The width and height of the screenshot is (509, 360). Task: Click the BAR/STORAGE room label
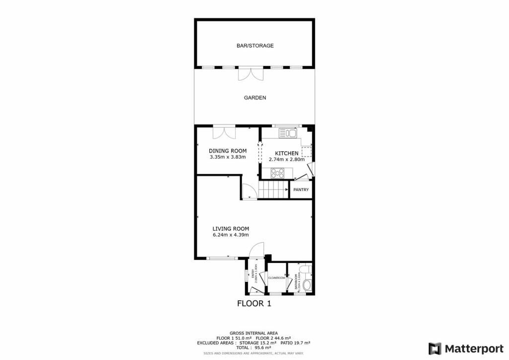coord(255,46)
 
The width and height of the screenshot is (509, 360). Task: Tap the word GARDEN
coord(255,98)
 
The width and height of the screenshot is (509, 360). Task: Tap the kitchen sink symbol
coord(287,133)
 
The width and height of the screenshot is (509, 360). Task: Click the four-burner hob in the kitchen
coord(277,173)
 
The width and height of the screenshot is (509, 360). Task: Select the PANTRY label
coord(301,189)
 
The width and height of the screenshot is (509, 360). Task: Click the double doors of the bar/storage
coord(250,74)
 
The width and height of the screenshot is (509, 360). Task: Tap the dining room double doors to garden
coord(224,133)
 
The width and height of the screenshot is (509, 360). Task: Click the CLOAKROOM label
coord(277,278)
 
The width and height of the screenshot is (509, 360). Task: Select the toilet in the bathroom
coord(307,285)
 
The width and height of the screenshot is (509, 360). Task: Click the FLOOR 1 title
coord(254,303)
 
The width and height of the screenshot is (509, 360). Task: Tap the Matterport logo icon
coord(435,348)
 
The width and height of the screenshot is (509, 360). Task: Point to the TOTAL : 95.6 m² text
coord(254,348)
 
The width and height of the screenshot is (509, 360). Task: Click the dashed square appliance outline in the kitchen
coord(306,152)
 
